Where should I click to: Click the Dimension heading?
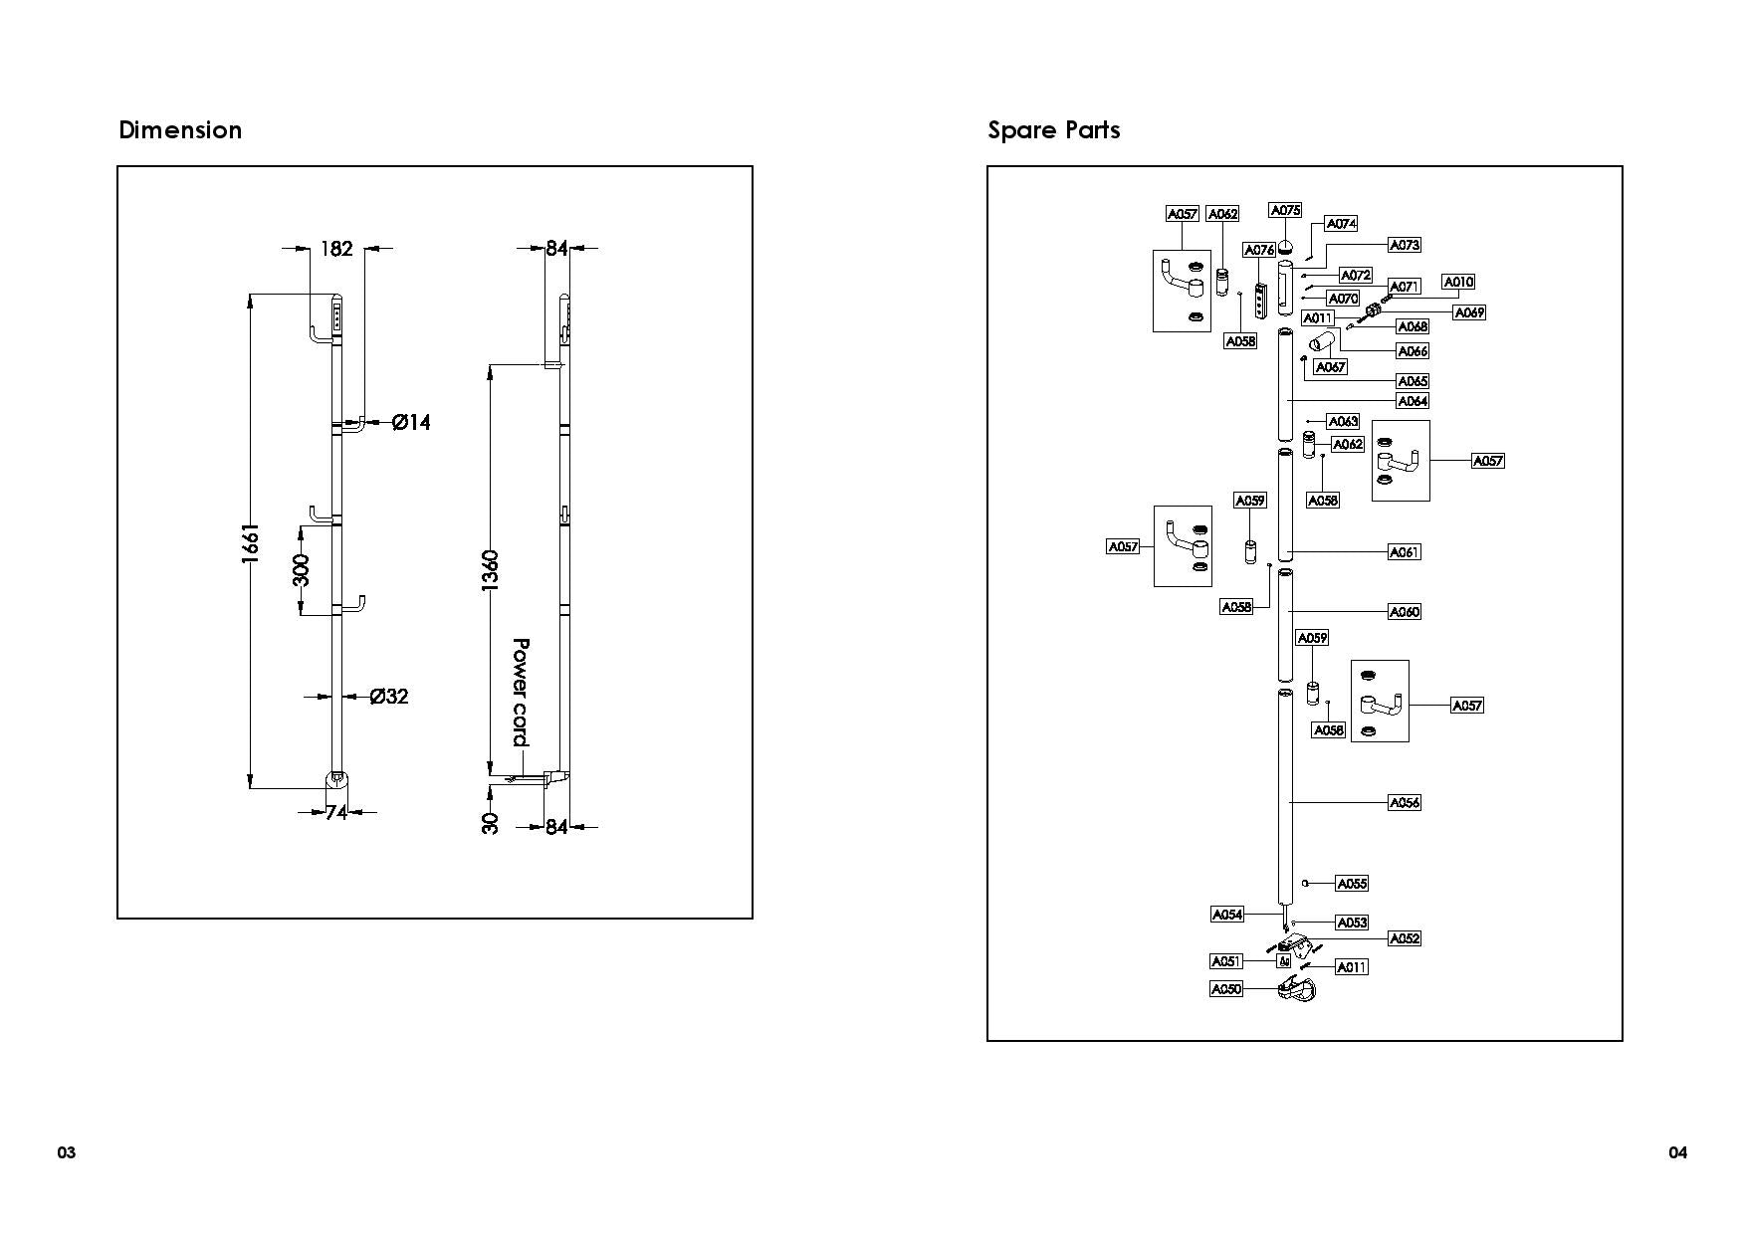point(180,130)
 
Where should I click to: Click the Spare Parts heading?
point(1053,130)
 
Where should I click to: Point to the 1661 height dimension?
point(252,544)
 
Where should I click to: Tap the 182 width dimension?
point(336,248)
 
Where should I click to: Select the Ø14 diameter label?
point(411,423)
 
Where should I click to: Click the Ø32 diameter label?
point(389,697)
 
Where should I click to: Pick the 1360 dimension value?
point(490,570)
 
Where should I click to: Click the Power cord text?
point(520,693)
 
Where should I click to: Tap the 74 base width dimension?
point(336,813)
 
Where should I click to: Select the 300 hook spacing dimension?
point(303,570)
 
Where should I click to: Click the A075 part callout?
point(1285,210)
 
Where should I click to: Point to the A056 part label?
point(1405,802)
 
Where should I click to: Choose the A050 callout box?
point(1226,989)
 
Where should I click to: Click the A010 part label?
point(1458,282)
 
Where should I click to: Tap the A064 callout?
point(1413,401)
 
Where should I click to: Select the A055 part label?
point(1352,883)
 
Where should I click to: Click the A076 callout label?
point(1259,250)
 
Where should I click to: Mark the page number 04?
point(1677,1153)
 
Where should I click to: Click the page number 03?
point(66,1153)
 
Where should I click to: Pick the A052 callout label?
point(1405,938)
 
